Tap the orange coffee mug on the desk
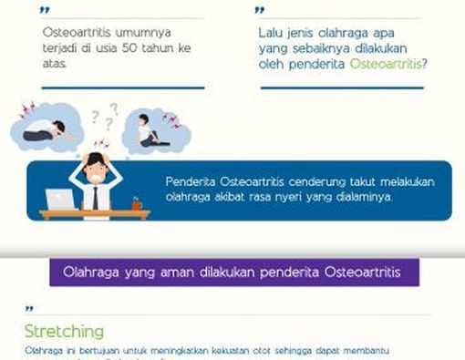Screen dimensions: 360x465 pyautogui.click(x=137, y=204)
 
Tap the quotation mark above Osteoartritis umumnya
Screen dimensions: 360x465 pyautogui.click(x=46, y=11)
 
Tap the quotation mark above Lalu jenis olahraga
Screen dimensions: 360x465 pyautogui.click(x=261, y=11)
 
